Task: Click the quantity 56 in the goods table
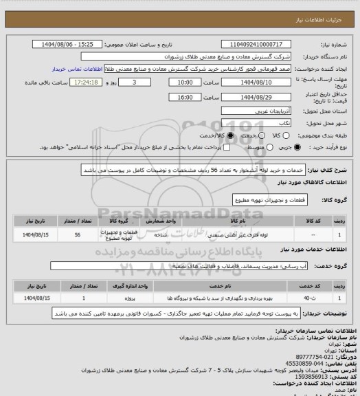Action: point(77,235)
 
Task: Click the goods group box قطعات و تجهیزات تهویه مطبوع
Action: point(262,199)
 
